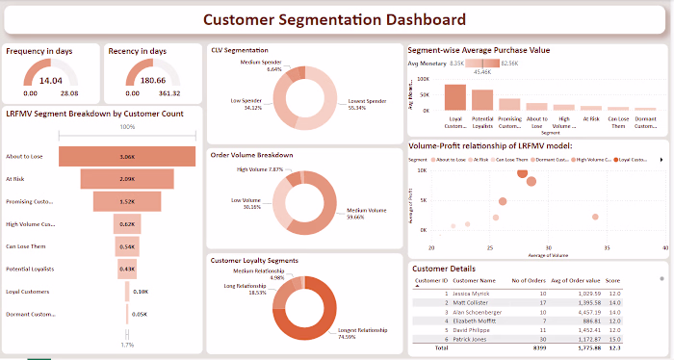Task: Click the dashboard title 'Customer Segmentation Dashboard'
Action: tap(336, 19)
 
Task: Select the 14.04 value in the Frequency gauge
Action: tap(50, 81)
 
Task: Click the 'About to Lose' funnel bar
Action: tap(127, 156)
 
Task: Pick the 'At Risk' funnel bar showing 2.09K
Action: tap(127, 179)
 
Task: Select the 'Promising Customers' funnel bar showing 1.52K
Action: tap(127, 202)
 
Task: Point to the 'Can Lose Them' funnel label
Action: tap(26, 245)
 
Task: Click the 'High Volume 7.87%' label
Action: tap(260, 169)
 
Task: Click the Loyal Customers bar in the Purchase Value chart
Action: tap(455, 99)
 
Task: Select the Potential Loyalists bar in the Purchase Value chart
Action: tap(482, 105)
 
